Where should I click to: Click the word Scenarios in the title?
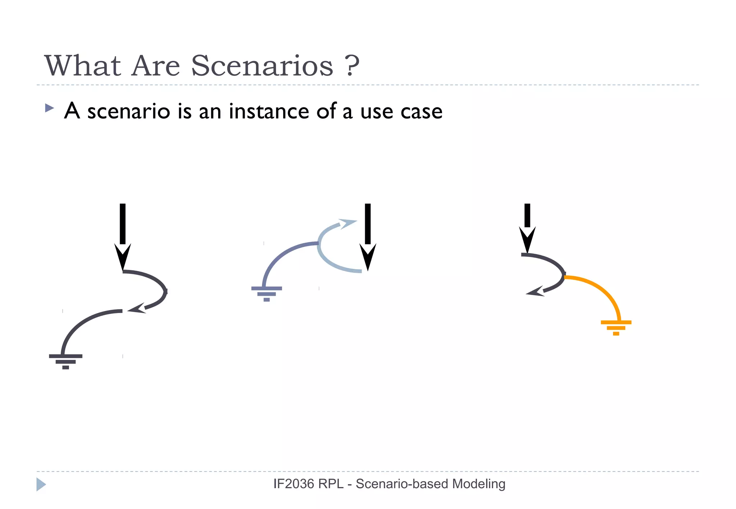tap(262, 66)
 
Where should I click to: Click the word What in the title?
tap(82, 66)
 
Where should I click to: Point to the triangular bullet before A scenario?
tap(49, 108)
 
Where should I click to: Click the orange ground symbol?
tap(616, 327)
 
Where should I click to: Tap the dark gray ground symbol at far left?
tap(65, 361)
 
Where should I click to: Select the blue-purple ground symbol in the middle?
tap(266, 293)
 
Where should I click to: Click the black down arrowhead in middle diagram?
tap(368, 256)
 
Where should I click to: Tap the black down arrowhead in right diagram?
tap(527, 239)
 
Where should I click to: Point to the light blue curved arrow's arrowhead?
tap(348, 224)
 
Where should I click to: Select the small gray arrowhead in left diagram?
tap(137, 308)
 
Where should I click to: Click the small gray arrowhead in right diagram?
tap(535, 292)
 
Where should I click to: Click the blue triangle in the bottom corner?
tap(41, 484)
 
